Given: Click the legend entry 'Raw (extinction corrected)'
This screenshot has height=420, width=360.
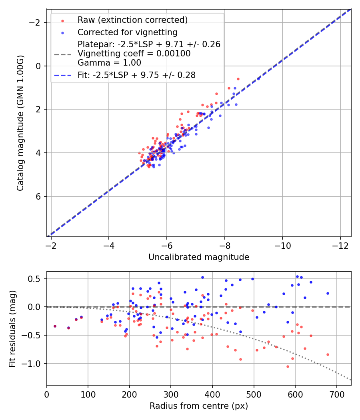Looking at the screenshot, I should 132,20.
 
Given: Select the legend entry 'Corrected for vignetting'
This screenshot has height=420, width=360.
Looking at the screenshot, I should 127,32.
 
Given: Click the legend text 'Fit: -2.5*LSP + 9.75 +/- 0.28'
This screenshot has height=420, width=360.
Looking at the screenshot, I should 136,75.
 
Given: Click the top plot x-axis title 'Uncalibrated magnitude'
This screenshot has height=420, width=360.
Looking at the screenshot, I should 199,257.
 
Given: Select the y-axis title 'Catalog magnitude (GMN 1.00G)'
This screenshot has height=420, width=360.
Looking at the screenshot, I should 20,123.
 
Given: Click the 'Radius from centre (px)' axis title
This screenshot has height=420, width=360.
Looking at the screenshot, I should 199,406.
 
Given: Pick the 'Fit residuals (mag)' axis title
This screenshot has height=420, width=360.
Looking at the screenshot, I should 12,328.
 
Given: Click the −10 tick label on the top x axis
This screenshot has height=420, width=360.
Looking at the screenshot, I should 282,244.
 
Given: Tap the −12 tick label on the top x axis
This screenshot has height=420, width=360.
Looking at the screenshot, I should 340,244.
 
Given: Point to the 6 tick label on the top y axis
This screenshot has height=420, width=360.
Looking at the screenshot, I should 39,196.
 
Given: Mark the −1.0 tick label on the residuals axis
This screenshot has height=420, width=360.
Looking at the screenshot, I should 34,364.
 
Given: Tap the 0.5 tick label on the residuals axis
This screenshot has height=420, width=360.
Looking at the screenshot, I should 36,278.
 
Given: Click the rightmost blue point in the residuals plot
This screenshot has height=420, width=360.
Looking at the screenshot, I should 328,293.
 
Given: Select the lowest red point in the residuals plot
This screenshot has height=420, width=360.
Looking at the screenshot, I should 287,366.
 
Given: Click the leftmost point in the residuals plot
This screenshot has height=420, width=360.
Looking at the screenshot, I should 55,326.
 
